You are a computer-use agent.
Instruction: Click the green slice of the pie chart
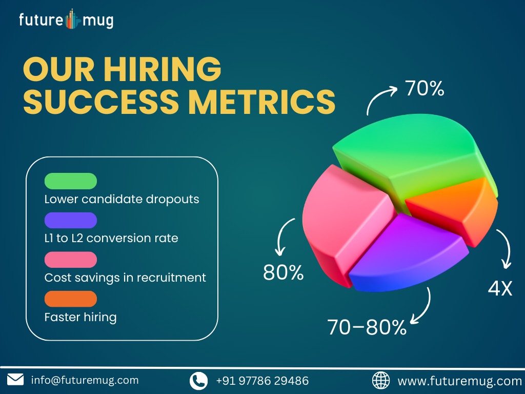pyautogui.click(x=412, y=157)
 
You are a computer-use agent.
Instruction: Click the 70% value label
pyautogui.click(x=425, y=88)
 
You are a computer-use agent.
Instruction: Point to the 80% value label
pyautogui.click(x=283, y=272)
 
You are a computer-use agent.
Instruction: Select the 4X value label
pyautogui.click(x=500, y=288)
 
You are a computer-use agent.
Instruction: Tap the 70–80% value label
pyautogui.click(x=367, y=327)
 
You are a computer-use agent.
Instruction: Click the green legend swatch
pyautogui.click(x=71, y=181)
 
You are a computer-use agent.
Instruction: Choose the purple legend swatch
pyautogui.click(x=71, y=221)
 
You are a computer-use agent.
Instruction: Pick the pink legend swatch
pyautogui.click(x=71, y=260)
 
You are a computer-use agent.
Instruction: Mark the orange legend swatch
pyautogui.click(x=71, y=299)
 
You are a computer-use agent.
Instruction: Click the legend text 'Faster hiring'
pyautogui.click(x=80, y=317)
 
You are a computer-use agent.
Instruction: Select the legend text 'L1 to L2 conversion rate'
pyautogui.click(x=111, y=238)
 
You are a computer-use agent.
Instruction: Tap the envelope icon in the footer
pyautogui.click(x=15, y=380)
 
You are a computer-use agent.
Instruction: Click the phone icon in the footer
pyautogui.click(x=198, y=381)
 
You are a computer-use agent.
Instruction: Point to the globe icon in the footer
pyautogui.click(x=381, y=381)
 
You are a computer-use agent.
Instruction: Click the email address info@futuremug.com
pyautogui.click(x=85, y=380)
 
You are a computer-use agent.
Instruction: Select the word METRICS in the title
pyautogui.click(x=261, y=102)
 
